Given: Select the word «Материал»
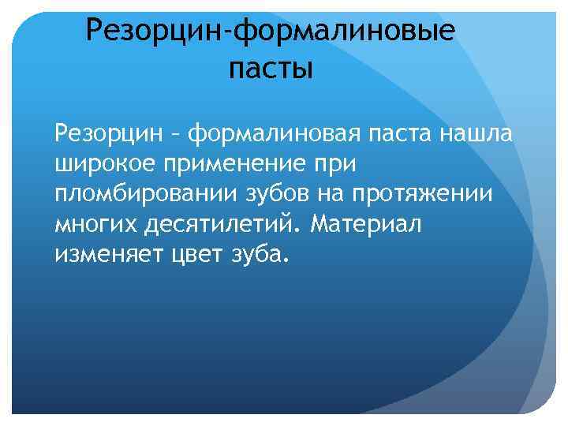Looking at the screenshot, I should coord(367,225).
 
